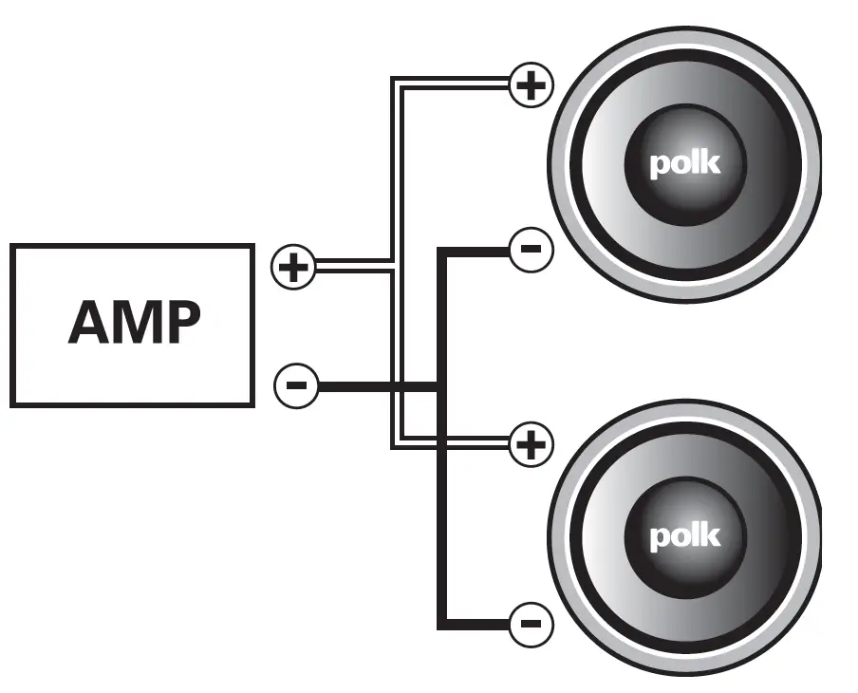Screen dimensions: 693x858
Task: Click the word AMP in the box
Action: (134, 325)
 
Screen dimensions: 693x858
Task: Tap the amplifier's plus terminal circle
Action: (293, 267)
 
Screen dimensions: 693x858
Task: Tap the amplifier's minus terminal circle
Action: (295, 385)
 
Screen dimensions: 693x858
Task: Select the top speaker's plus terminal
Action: (531, 86)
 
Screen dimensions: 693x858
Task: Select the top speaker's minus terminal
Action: (531, 251)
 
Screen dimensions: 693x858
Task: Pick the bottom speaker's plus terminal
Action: (531, 443)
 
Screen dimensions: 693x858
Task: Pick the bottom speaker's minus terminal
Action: (531, 624)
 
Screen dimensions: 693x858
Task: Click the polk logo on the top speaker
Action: (684, 164)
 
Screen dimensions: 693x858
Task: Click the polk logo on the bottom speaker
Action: (684, 535)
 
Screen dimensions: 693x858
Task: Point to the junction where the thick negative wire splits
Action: (440, 386)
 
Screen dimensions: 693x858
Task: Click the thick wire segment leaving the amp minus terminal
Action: (375, 386)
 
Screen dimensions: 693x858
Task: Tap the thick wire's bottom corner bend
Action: (441, 625)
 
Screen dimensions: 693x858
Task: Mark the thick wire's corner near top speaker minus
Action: (441, 252)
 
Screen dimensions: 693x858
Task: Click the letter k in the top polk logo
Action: (710, 162)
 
